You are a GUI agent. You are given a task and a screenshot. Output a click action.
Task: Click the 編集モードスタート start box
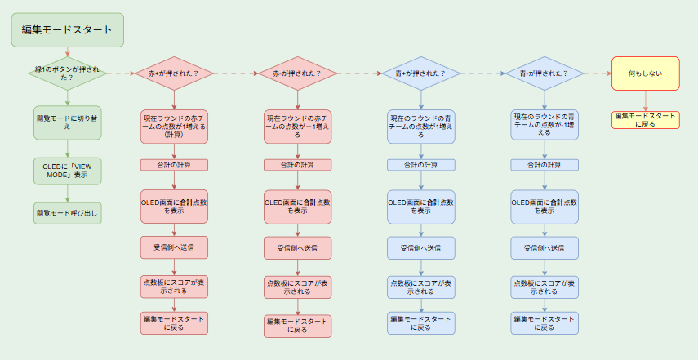tap(67, 29)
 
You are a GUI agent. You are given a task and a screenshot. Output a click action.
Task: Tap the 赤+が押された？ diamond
tap(173, 73)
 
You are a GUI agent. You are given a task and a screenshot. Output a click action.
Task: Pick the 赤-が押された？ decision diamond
tap(297, 73)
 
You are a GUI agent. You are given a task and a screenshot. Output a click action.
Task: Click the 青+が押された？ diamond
tap(421, 73)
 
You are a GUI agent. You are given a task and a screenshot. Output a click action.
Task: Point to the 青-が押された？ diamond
tap(545, 73)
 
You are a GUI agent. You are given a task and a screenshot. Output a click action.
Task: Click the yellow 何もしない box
tap(646, 73)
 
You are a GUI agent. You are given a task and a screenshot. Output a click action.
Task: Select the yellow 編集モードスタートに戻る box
tap(646, 120)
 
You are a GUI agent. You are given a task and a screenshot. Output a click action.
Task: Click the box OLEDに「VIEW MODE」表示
tap(67, 170)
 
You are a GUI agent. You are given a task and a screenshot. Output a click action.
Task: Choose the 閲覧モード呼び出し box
tap(67, 214)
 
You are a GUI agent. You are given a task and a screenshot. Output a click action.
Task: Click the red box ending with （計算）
tap(173, 127)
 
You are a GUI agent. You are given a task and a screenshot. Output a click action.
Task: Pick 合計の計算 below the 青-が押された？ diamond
tap(545, 165)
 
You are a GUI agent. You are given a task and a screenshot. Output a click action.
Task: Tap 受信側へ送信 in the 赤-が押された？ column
tap(297, 247)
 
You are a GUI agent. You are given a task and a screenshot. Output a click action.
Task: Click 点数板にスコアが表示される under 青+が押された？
tap(421, 286)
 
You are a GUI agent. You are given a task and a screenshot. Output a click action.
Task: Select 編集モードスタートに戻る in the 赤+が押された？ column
tap(173, 322)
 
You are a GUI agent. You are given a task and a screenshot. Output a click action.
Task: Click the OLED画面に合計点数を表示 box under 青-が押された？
tap(545, 206)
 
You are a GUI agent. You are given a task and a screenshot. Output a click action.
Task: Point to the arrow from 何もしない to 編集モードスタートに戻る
tap(646, 100)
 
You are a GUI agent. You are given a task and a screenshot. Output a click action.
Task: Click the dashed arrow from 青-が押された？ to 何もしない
tap(598, 73)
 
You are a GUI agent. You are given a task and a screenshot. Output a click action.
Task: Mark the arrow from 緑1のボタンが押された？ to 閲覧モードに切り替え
tap(67, 99)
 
